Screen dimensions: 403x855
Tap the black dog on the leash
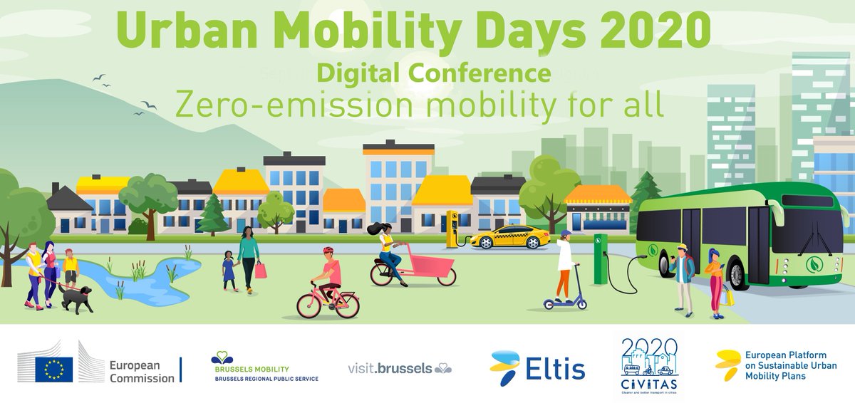tap(76, 298)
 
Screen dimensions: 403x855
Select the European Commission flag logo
tap(54, 369)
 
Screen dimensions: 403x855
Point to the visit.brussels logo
tap(399, 368)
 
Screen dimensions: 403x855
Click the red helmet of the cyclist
tap(328, 251)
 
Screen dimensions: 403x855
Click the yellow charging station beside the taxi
tap(451, 229)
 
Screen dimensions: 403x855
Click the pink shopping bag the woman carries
tap(261, 271)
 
